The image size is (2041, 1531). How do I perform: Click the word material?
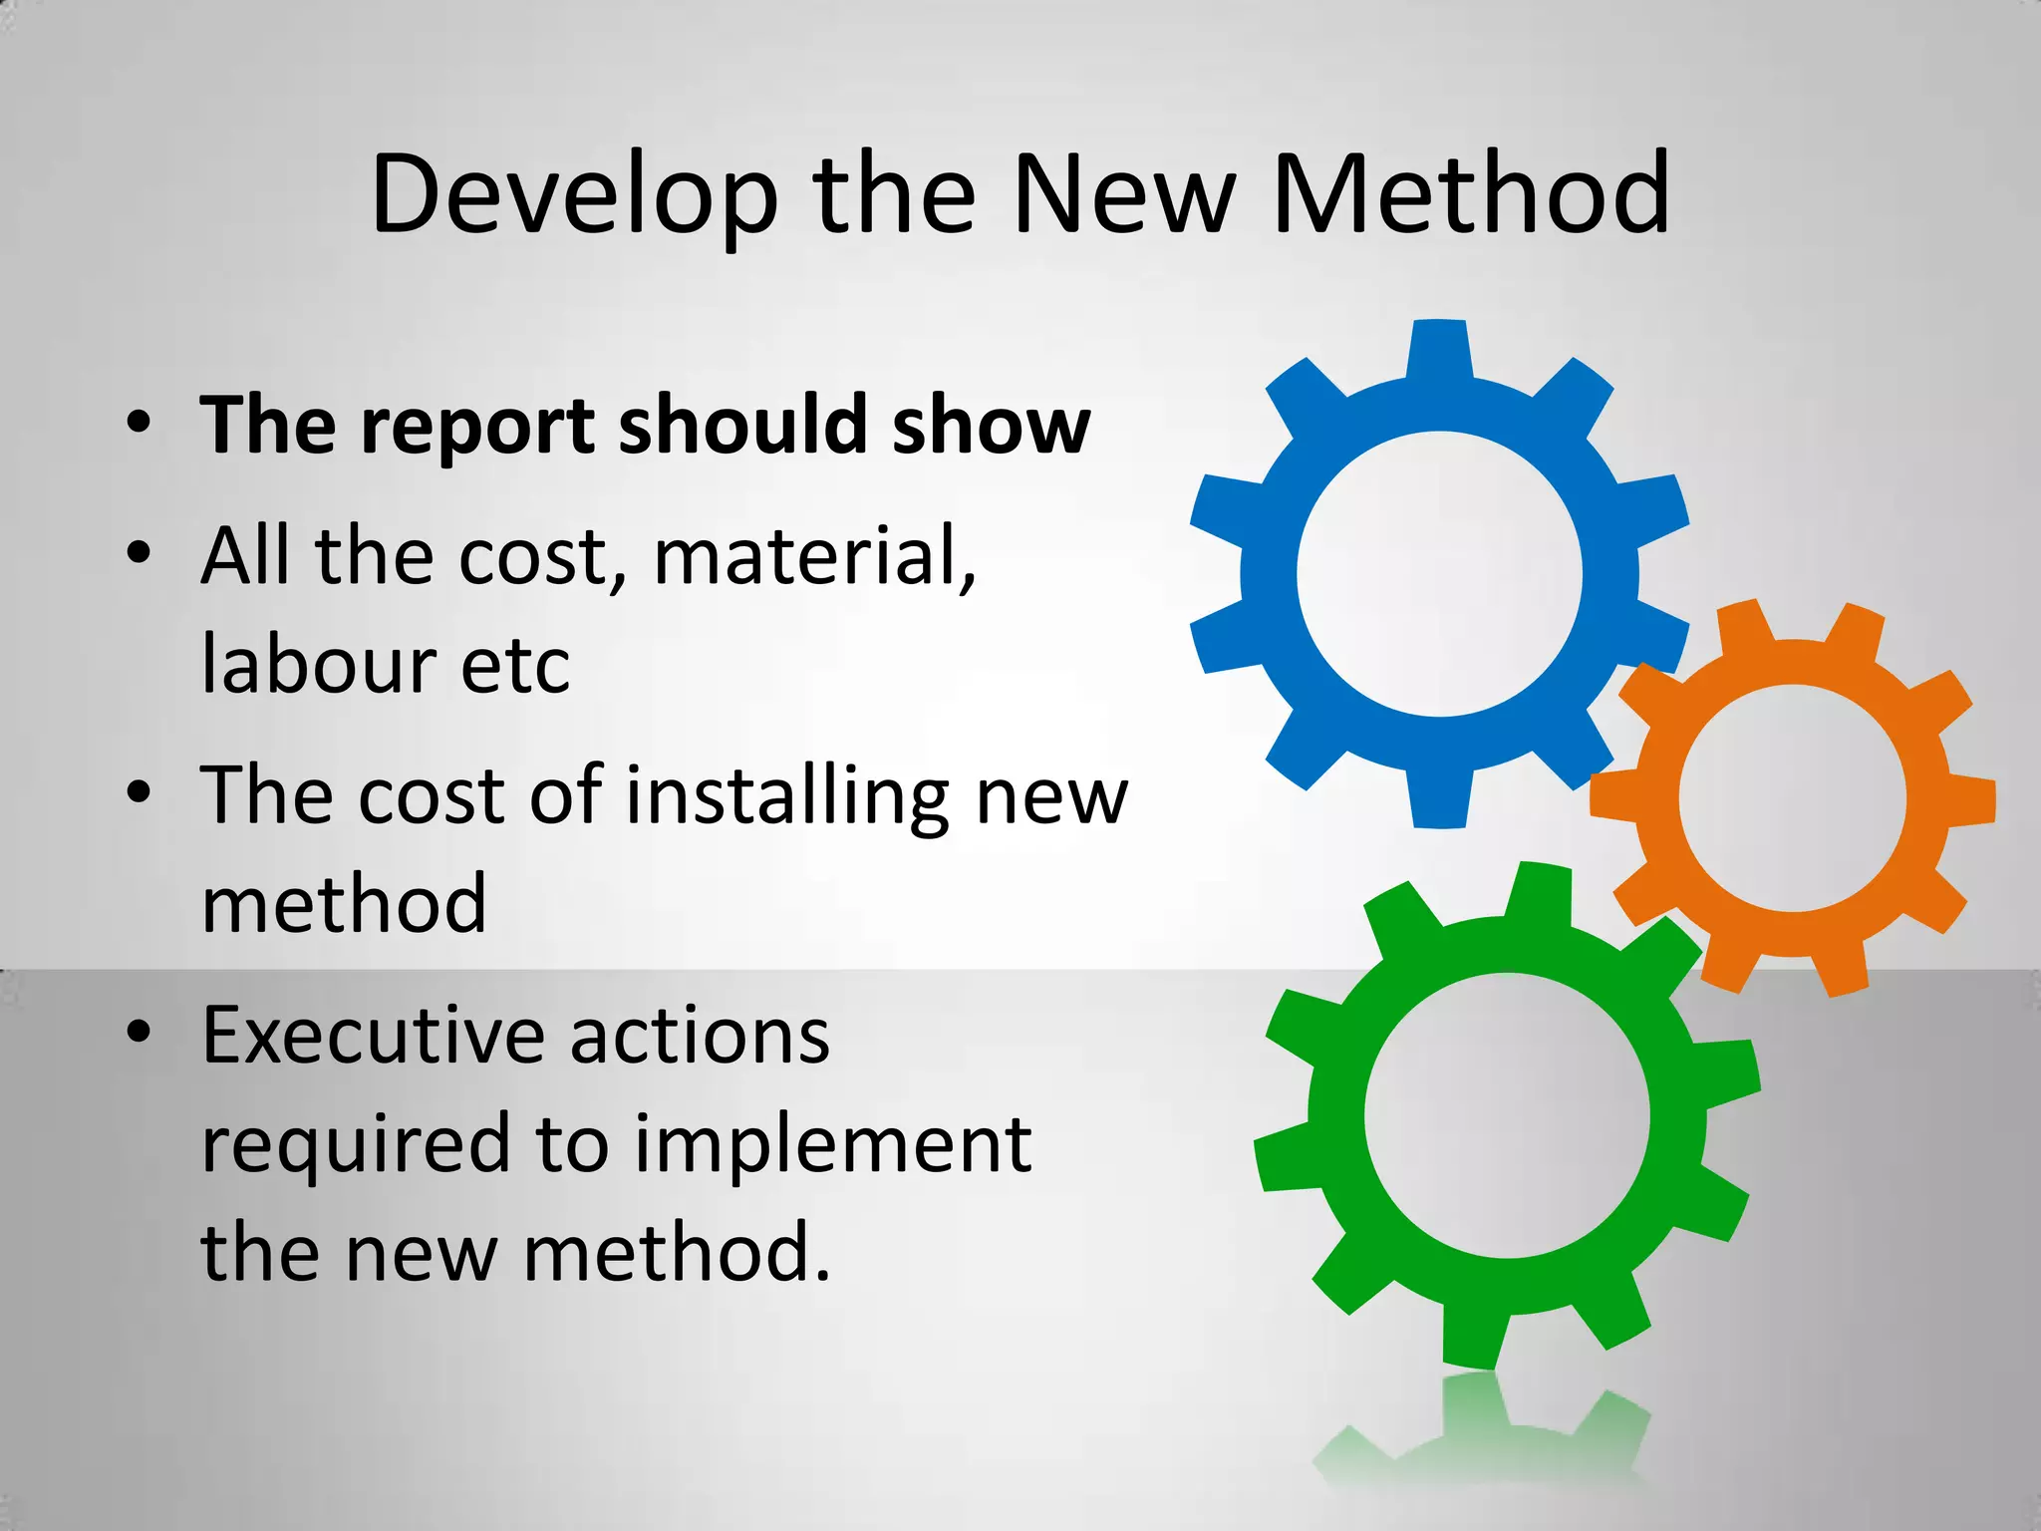point(814,556)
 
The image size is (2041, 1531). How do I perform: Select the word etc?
point(515,666)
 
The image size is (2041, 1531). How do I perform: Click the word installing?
point(788,797)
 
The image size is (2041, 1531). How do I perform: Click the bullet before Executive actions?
point(140,1032)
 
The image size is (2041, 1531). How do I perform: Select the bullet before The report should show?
point(140,423)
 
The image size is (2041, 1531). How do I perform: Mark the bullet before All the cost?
point(140,552)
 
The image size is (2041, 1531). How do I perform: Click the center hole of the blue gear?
point(1439,574)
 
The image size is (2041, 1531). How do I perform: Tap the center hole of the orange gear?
point(1792,798)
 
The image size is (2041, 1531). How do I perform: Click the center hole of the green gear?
point(1507,1115)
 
